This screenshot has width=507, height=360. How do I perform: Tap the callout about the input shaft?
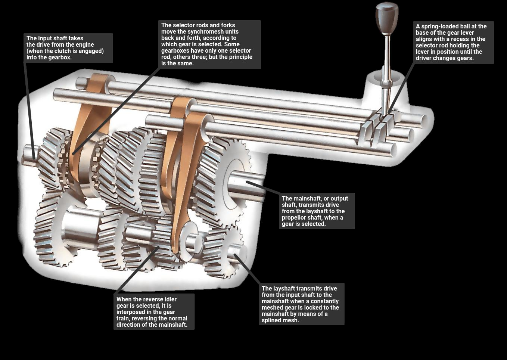coord(68,48)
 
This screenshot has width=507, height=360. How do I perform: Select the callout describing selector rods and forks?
coord(209,44)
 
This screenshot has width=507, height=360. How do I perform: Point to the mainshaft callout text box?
coord(317,211)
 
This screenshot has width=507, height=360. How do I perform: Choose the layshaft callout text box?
coord(301,304)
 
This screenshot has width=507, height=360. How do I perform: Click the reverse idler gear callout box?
coord(154,312)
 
